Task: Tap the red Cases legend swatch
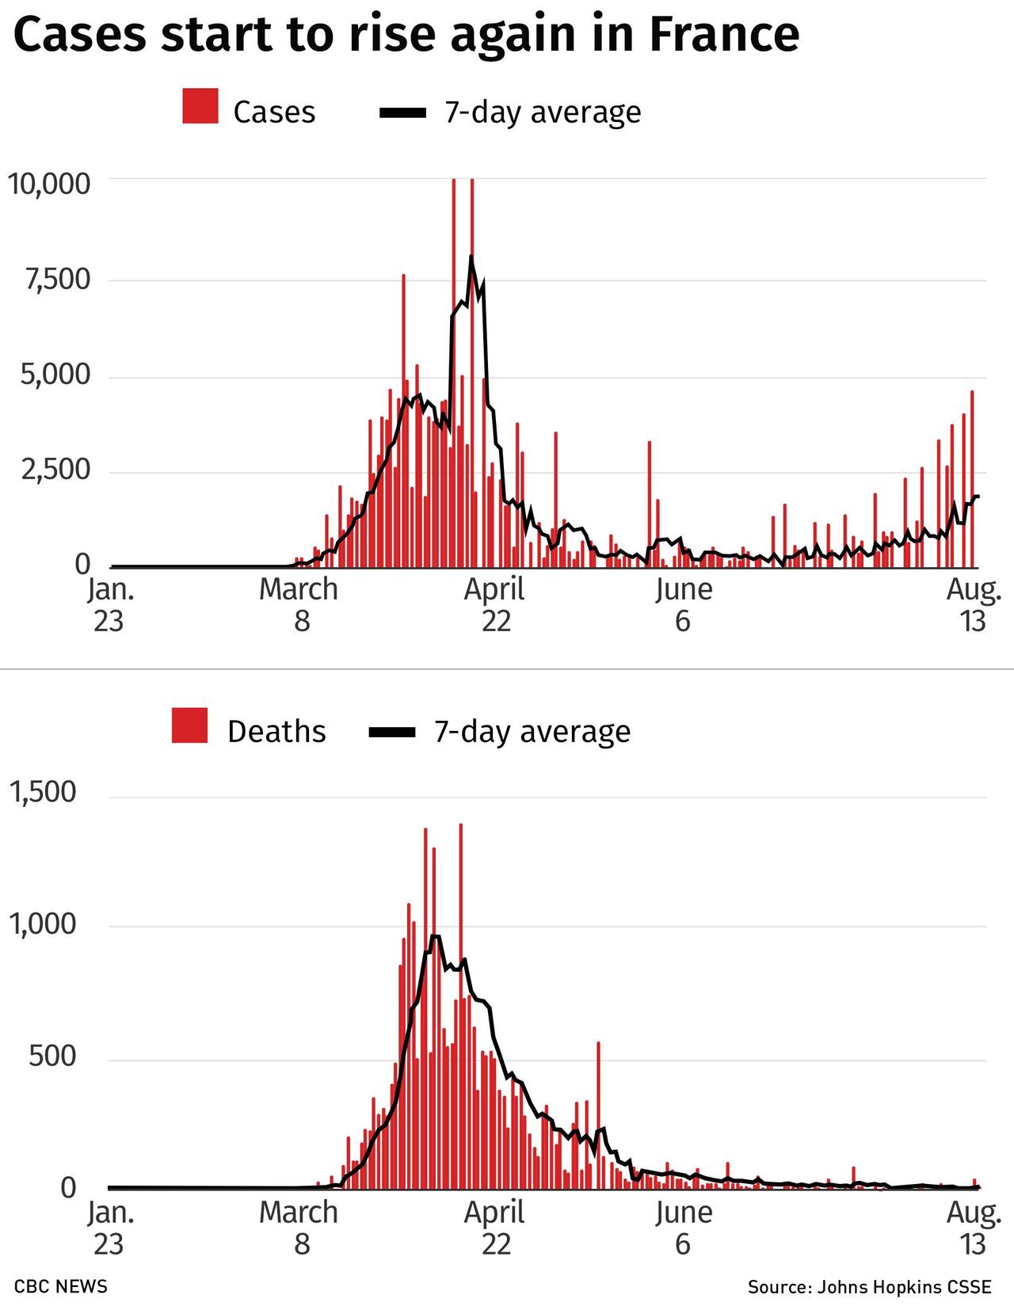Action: pos(200,107)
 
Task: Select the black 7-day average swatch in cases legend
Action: pos(402,112)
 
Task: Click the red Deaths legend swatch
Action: pos(189,725)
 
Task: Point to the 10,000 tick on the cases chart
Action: pos(49,184)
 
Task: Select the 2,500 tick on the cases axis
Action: pos(56,470)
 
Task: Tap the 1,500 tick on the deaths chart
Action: pos(43,792)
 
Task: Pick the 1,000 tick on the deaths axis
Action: pos(43,924)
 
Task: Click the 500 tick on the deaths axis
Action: pos(52,1057)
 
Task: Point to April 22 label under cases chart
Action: pos(495,605)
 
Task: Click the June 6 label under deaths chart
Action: pos(683,1228)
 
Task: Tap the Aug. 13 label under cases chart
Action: pos(974,605)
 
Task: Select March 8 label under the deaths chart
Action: pos(299,1228)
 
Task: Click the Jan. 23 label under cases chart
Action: pos(109,605)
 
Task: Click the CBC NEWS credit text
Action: pos(61,1285)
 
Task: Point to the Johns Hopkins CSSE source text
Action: pos(870,1286)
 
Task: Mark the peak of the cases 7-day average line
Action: pos(471,257)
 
